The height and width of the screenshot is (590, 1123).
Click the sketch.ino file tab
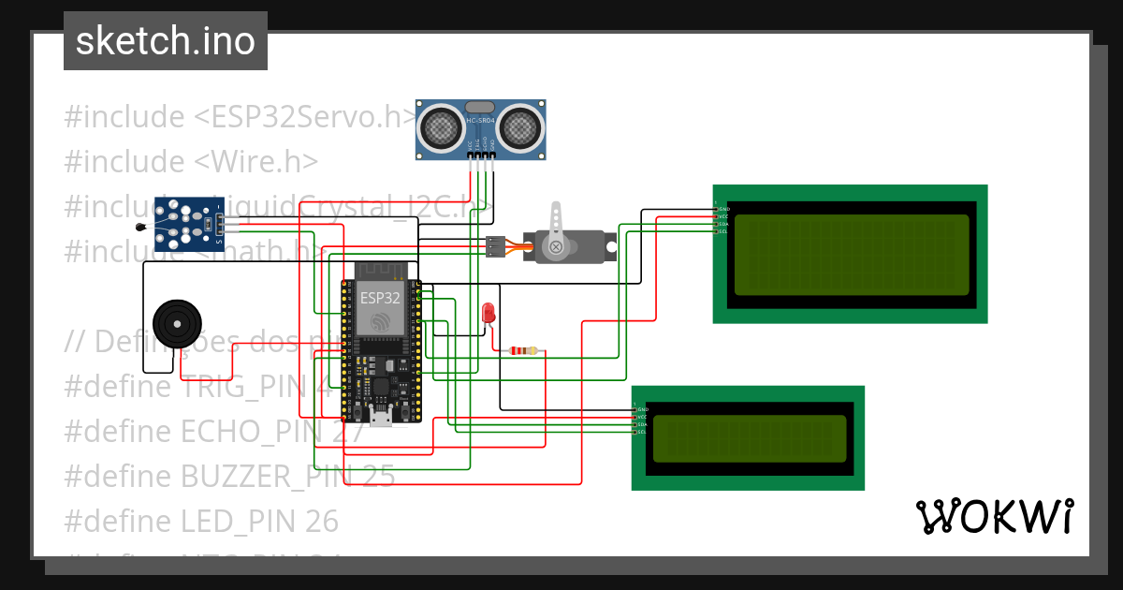click(x=165, y=41)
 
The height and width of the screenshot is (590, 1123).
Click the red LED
click(x=488, y=313)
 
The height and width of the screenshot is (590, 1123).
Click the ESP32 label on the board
click(x=380, y=298)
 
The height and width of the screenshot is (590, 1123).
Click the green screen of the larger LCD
click(x=851, y=255)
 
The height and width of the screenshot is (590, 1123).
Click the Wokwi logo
click(x=993, y=516)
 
